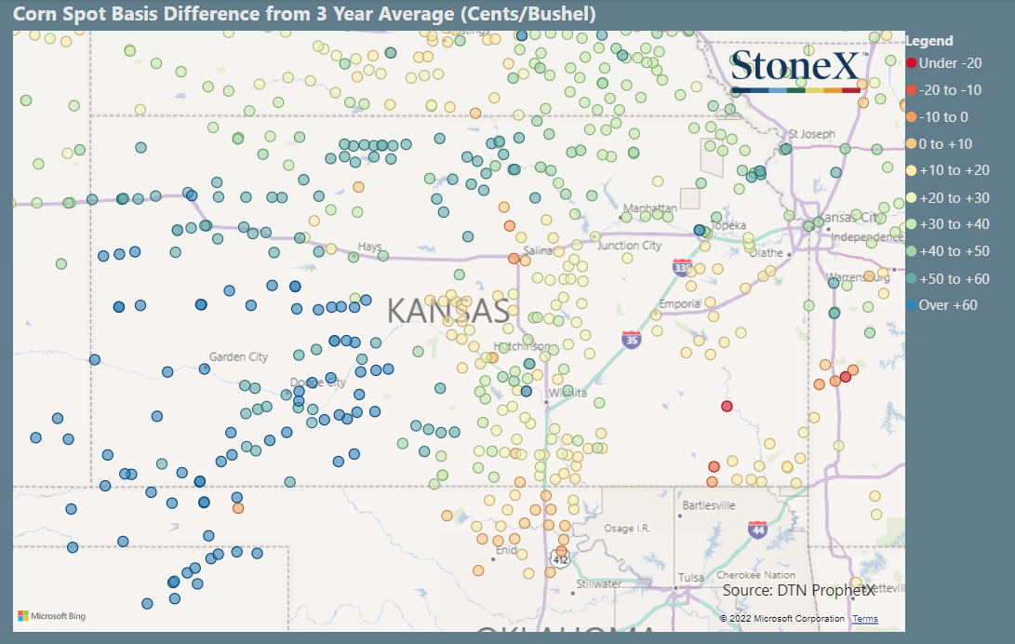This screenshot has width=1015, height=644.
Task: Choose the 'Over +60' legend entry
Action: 948,305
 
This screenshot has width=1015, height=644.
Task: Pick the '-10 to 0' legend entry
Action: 943,117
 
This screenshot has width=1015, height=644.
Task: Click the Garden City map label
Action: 238,356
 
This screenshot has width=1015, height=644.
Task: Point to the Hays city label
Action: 370,247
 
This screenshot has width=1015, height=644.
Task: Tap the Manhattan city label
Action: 650,208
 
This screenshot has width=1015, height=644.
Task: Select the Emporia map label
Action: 678,304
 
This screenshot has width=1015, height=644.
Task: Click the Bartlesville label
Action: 709,505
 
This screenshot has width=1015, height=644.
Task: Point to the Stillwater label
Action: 599,584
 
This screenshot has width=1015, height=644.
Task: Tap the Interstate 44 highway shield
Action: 757,530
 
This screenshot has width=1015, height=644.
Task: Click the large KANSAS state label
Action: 447,311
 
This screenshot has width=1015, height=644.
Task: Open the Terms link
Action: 865,619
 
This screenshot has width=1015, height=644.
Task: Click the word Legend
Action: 929,41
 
